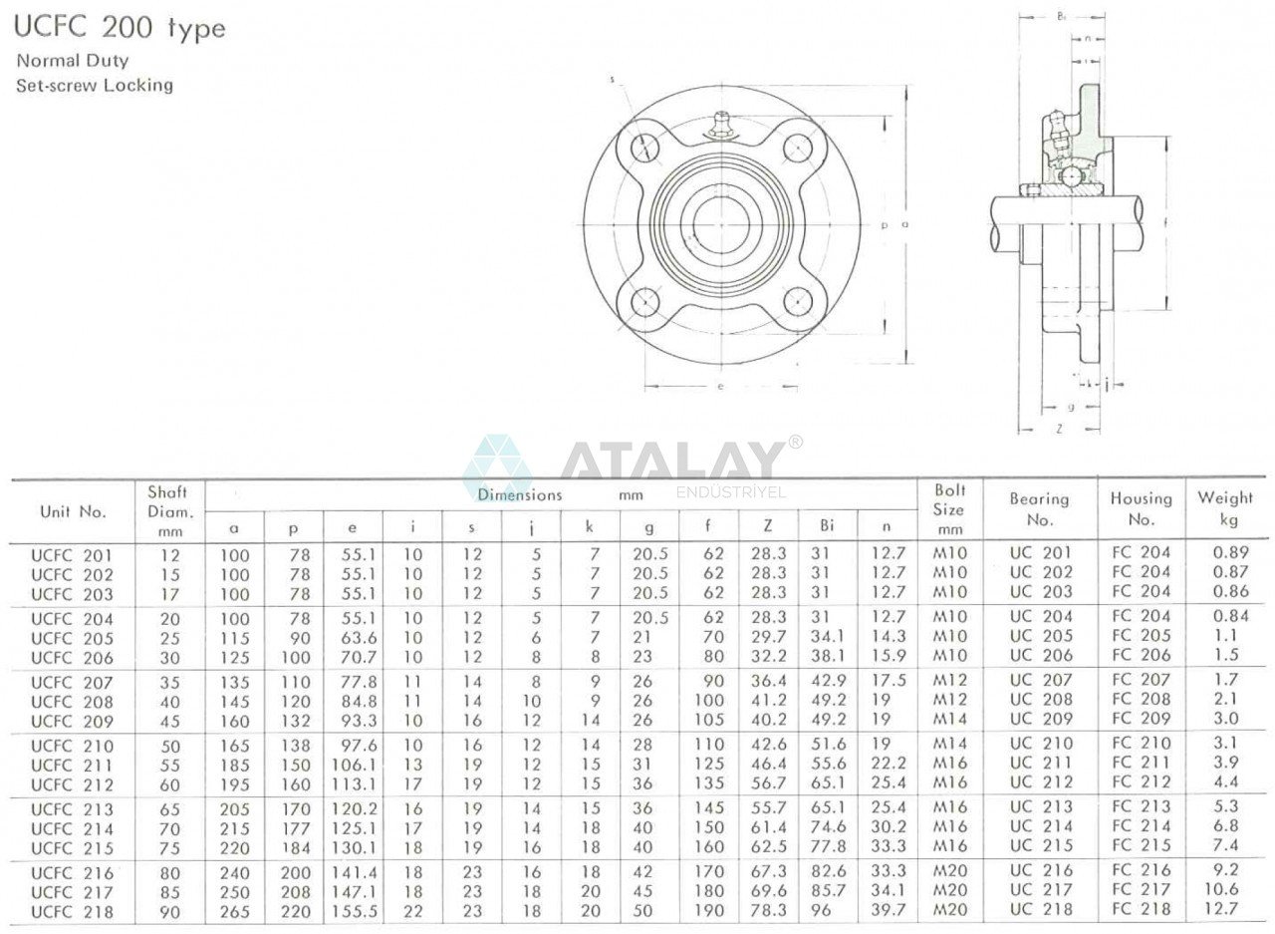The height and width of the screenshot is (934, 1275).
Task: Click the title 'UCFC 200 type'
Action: click(120, 28)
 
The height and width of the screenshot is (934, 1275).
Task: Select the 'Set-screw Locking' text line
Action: click(95, 86)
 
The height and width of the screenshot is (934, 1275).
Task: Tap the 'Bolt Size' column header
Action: click(949, 509)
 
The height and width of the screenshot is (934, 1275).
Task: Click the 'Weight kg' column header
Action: click(1225, 508)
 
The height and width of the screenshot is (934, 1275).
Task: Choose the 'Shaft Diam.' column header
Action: click(167, 510)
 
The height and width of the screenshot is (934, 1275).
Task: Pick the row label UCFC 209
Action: click(72, 721)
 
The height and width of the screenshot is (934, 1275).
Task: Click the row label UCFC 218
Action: click(72, 912)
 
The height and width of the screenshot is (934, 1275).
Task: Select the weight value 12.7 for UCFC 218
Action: click(1225, 909)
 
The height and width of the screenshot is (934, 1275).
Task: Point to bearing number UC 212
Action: click(1040, 782)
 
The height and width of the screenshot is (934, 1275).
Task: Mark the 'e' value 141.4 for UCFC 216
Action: click(352, 873)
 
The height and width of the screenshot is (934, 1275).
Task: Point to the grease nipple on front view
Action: click(719, 127)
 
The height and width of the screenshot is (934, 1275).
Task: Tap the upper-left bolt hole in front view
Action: click(645, 148)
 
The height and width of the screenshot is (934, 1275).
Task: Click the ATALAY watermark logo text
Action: click(672, 461)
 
